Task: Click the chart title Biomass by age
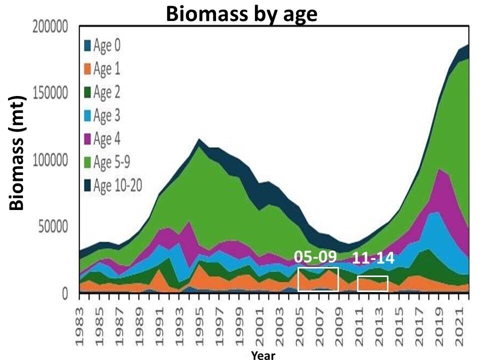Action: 241,14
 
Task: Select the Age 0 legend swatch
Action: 87,45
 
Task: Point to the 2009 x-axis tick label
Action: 338,324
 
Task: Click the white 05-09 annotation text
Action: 315,256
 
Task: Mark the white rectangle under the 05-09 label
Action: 318,279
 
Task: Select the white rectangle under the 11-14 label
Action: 372,283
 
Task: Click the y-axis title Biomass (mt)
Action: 18,152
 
